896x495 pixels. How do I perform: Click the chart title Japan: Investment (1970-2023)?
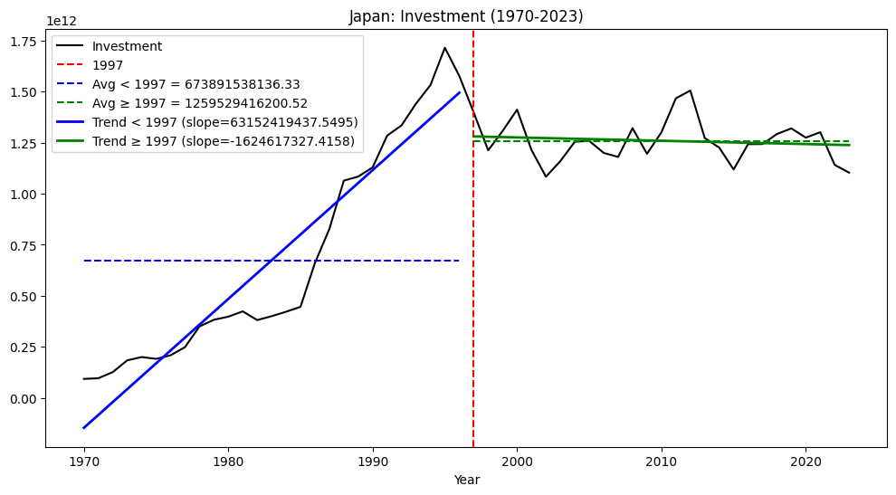click(466, 16)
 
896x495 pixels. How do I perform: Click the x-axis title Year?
click(466, 481)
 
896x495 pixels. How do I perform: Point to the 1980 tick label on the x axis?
click(228, 462)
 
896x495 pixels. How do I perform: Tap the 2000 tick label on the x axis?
click(517, 462)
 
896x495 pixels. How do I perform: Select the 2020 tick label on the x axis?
click(805, 462)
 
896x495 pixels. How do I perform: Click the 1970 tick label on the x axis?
click(84, 462)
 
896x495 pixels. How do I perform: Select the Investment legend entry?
click(127, 46)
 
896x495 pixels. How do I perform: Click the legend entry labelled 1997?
click(108, 65)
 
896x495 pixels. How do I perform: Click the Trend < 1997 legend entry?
click(224, 122)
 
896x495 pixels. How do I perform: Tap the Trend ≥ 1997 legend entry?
click(223, 142)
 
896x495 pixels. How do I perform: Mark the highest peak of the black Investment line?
click(444, 48)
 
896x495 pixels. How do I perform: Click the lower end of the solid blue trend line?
click(84, 428)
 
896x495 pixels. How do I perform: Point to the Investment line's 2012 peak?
click(690, 90)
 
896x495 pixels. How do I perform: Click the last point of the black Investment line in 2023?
click(849, 173)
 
